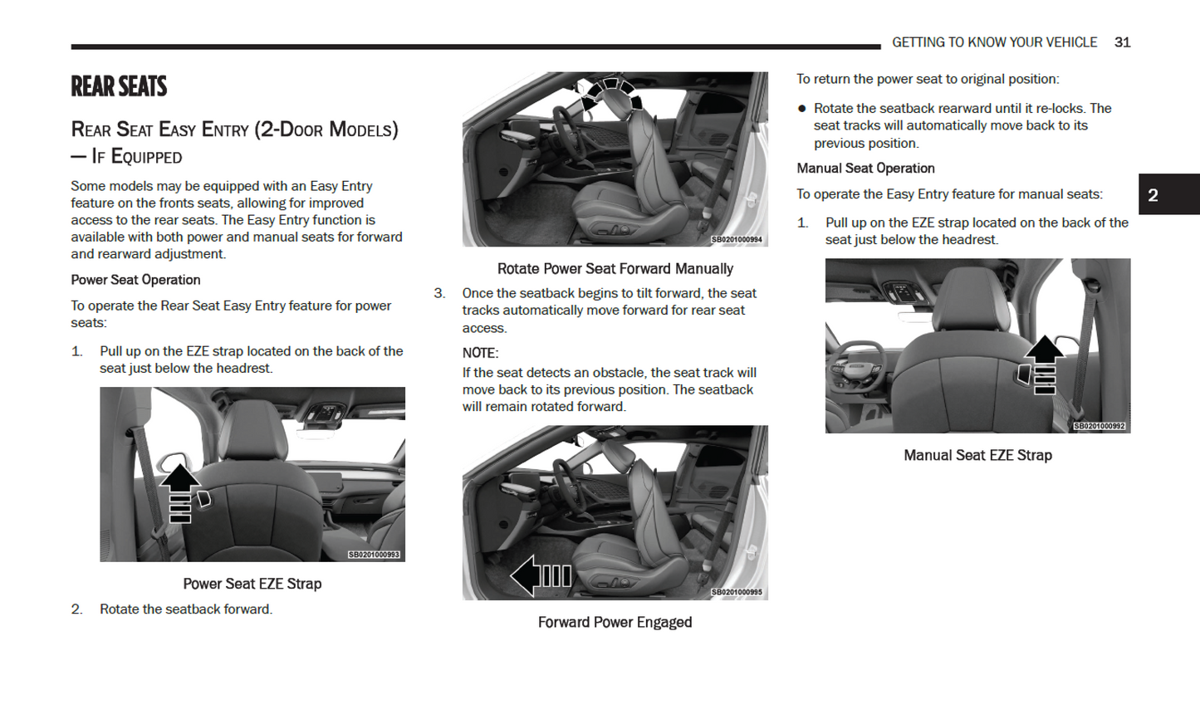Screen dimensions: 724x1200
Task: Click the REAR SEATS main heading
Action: tap(119, 86)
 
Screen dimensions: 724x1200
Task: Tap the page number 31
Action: tap(1122, 42)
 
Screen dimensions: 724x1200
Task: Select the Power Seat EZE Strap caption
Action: tap(252, 584)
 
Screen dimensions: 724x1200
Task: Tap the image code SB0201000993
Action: tap(374, 555)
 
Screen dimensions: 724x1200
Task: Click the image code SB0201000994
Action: tap(737, 240)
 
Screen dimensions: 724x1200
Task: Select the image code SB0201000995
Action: tap(737, 592)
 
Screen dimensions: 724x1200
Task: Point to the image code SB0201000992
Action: tap(1099, 426)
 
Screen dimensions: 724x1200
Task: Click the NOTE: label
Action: tap(480, 353)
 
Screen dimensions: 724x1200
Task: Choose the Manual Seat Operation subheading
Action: tap(865, 169)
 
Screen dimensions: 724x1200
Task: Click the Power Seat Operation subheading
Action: tap(135, 280)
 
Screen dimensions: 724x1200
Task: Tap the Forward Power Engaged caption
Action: tap(615, 623)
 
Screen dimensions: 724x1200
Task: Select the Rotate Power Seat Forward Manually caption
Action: tap(615, 269)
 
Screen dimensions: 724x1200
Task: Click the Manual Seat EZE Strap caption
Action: tap(977, 455)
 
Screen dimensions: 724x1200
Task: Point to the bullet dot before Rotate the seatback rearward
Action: tap(801, 109)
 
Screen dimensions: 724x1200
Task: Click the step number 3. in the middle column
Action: tap(439, 293)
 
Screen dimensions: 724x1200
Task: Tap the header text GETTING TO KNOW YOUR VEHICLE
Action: tap(994, 42)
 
